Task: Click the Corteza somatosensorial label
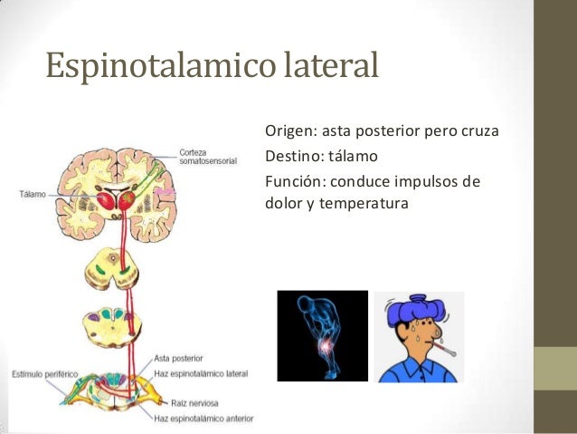pos(207,156)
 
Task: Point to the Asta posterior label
pos(178,358)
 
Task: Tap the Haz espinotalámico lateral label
pos(200,372)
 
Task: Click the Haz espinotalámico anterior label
pos(203,419)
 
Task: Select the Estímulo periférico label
pos(43,373)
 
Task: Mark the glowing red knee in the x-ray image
pos(323,350)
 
